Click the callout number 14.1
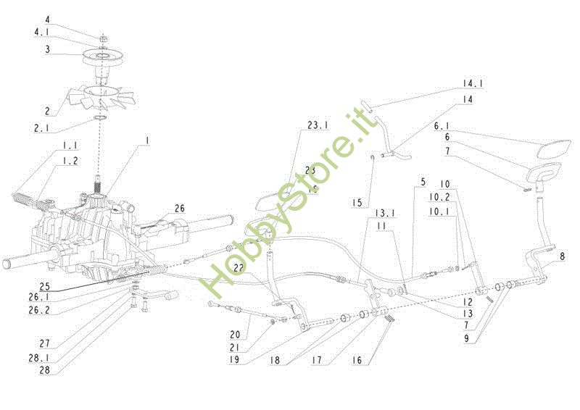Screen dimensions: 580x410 [473, 83]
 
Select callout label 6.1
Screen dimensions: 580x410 [443, 125]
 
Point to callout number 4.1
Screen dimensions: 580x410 [43, 32]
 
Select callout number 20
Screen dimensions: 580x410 [234, 335]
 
